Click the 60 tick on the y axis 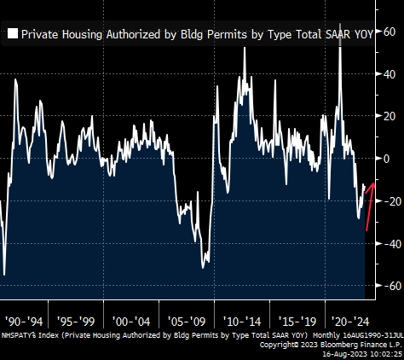pos(390,32)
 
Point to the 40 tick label pos(390,74)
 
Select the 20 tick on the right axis pos(390,117)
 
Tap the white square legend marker pos(13,35)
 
